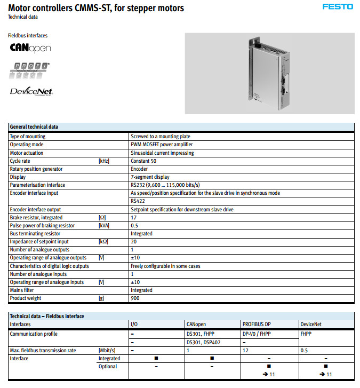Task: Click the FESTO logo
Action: point(337,6)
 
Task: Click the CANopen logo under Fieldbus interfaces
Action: point(30,48)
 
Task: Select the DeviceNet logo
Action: point(31,91)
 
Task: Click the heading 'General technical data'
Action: point(34,126)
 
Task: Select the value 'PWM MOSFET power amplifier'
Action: point(162,145)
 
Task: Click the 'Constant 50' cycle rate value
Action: point(143,161)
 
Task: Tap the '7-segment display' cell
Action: point(150,177)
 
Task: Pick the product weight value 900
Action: point(135,298)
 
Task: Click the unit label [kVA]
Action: point(104,226)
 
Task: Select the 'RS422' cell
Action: point(138,202)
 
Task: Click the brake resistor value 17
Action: point(133,218)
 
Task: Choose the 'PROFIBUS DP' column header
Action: point(256,324)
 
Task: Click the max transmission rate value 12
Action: point(245,350)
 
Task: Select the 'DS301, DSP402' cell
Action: point(203,342)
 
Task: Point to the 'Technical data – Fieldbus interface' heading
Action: point(47,316)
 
